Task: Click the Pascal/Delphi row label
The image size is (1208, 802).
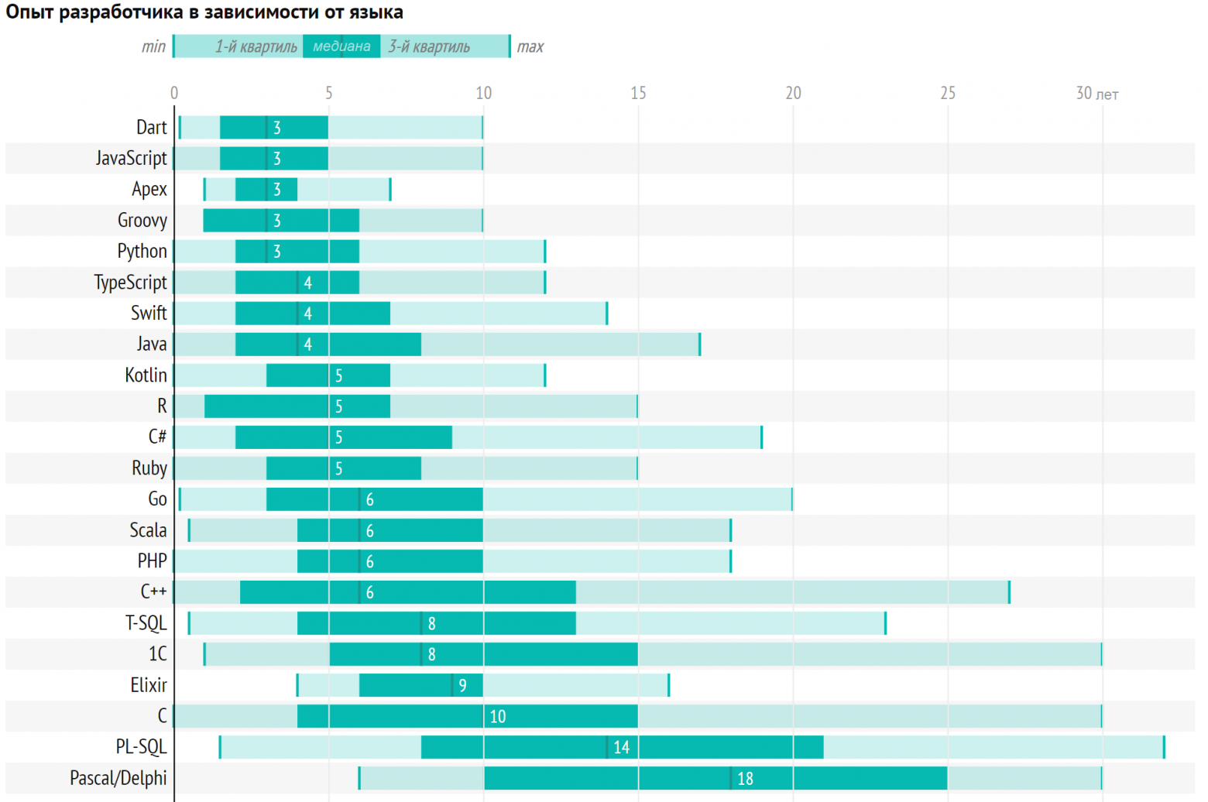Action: [x=118, y=778]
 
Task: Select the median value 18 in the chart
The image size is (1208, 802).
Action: [x=745, y=779]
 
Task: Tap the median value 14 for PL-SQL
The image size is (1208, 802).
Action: [x=621, y=748]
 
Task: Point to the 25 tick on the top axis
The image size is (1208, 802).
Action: [x=948, y=94]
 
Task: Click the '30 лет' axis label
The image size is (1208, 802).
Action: [x=1096, y=94]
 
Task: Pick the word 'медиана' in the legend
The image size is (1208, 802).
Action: [x=341, y=46]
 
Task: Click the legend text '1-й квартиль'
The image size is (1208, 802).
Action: [x=256, y=46]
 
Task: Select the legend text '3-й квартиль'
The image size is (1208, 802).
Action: [x=429, y=46]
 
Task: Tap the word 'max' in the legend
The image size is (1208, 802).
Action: [x=530, y=46]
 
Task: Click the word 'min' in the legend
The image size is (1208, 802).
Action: [x=153, y=46]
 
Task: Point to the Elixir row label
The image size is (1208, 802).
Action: [x=149, y=685]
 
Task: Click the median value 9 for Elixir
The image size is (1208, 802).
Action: [x=462, y=686]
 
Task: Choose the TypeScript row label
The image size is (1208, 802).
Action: [x=130, y=283]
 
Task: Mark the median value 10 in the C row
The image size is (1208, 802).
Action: [x=497, y=717]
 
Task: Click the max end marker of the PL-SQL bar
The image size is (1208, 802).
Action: [x=1164, y=747]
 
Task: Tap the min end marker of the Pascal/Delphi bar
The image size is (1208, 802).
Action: [x=359, y=778]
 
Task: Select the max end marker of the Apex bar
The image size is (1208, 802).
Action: [x=390, y=190]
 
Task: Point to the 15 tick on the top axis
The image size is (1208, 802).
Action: [x=638, y=94]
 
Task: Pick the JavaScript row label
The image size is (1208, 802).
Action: [x=131, y=159]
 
